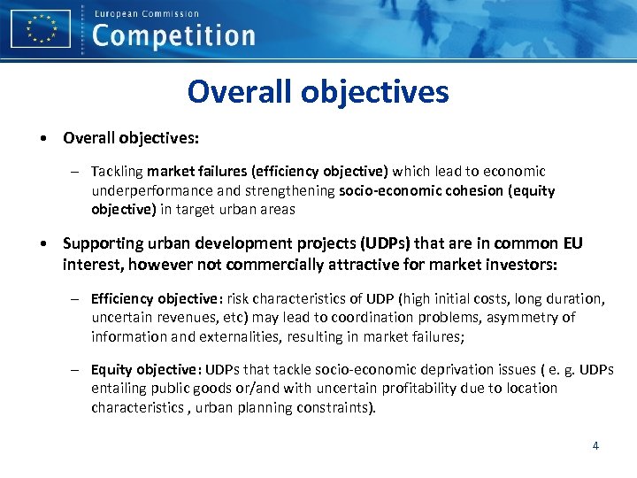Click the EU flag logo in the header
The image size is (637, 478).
[x=41, y=28]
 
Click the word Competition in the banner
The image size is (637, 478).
[x=173, y=35]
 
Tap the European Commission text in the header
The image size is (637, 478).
[x=146, y=13]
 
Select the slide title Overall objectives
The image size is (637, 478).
[x=318, y=91]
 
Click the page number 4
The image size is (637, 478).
[x=595, y=445]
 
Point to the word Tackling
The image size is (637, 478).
[x=118, y=171]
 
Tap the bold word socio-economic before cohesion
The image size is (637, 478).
[x=381, y=190]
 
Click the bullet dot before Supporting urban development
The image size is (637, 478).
[x=42, y=243]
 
